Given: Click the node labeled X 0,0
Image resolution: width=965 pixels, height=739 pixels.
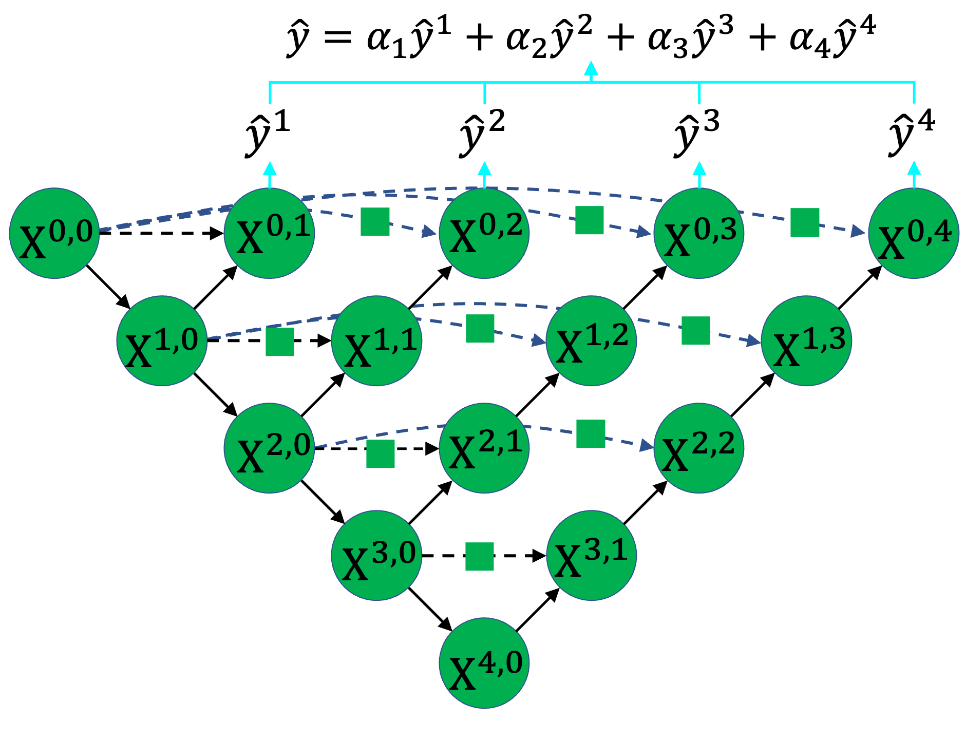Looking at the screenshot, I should point(54,233).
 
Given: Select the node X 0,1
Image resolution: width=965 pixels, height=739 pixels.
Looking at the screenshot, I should point(269,233).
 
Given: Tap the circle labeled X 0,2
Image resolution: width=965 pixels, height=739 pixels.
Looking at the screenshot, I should point(484,233).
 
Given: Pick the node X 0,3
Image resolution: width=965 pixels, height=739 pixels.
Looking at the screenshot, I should point(698,233).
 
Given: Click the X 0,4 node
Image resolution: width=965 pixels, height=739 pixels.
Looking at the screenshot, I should point(913,233).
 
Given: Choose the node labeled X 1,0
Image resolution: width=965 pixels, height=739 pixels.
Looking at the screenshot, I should point(162,340).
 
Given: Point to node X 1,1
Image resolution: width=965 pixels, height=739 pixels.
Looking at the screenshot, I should point(376,340).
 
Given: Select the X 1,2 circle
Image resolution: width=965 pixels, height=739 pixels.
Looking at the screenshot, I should point(591,340).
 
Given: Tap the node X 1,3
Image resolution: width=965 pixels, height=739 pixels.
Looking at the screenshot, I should point(806,340).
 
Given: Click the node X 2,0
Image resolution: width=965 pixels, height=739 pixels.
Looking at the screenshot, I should point(269,448).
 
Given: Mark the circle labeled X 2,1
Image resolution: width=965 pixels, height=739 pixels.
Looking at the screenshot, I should point(484,448).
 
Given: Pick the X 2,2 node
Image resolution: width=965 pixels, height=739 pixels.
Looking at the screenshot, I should point(698,448).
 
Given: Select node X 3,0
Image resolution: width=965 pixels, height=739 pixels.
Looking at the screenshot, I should point(376,555).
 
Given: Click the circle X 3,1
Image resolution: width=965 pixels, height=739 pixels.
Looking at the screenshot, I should point(591,555).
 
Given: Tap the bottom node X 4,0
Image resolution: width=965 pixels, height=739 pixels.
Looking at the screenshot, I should point(484,662).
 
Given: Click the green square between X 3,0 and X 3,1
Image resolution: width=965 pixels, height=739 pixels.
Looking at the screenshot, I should point(480,557).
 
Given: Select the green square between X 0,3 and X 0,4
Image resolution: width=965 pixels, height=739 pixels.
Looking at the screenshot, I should point(805,222).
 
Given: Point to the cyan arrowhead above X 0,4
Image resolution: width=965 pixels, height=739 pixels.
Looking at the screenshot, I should point(914,168).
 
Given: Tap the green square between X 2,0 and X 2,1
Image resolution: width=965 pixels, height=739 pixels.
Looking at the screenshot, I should point(381,454).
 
